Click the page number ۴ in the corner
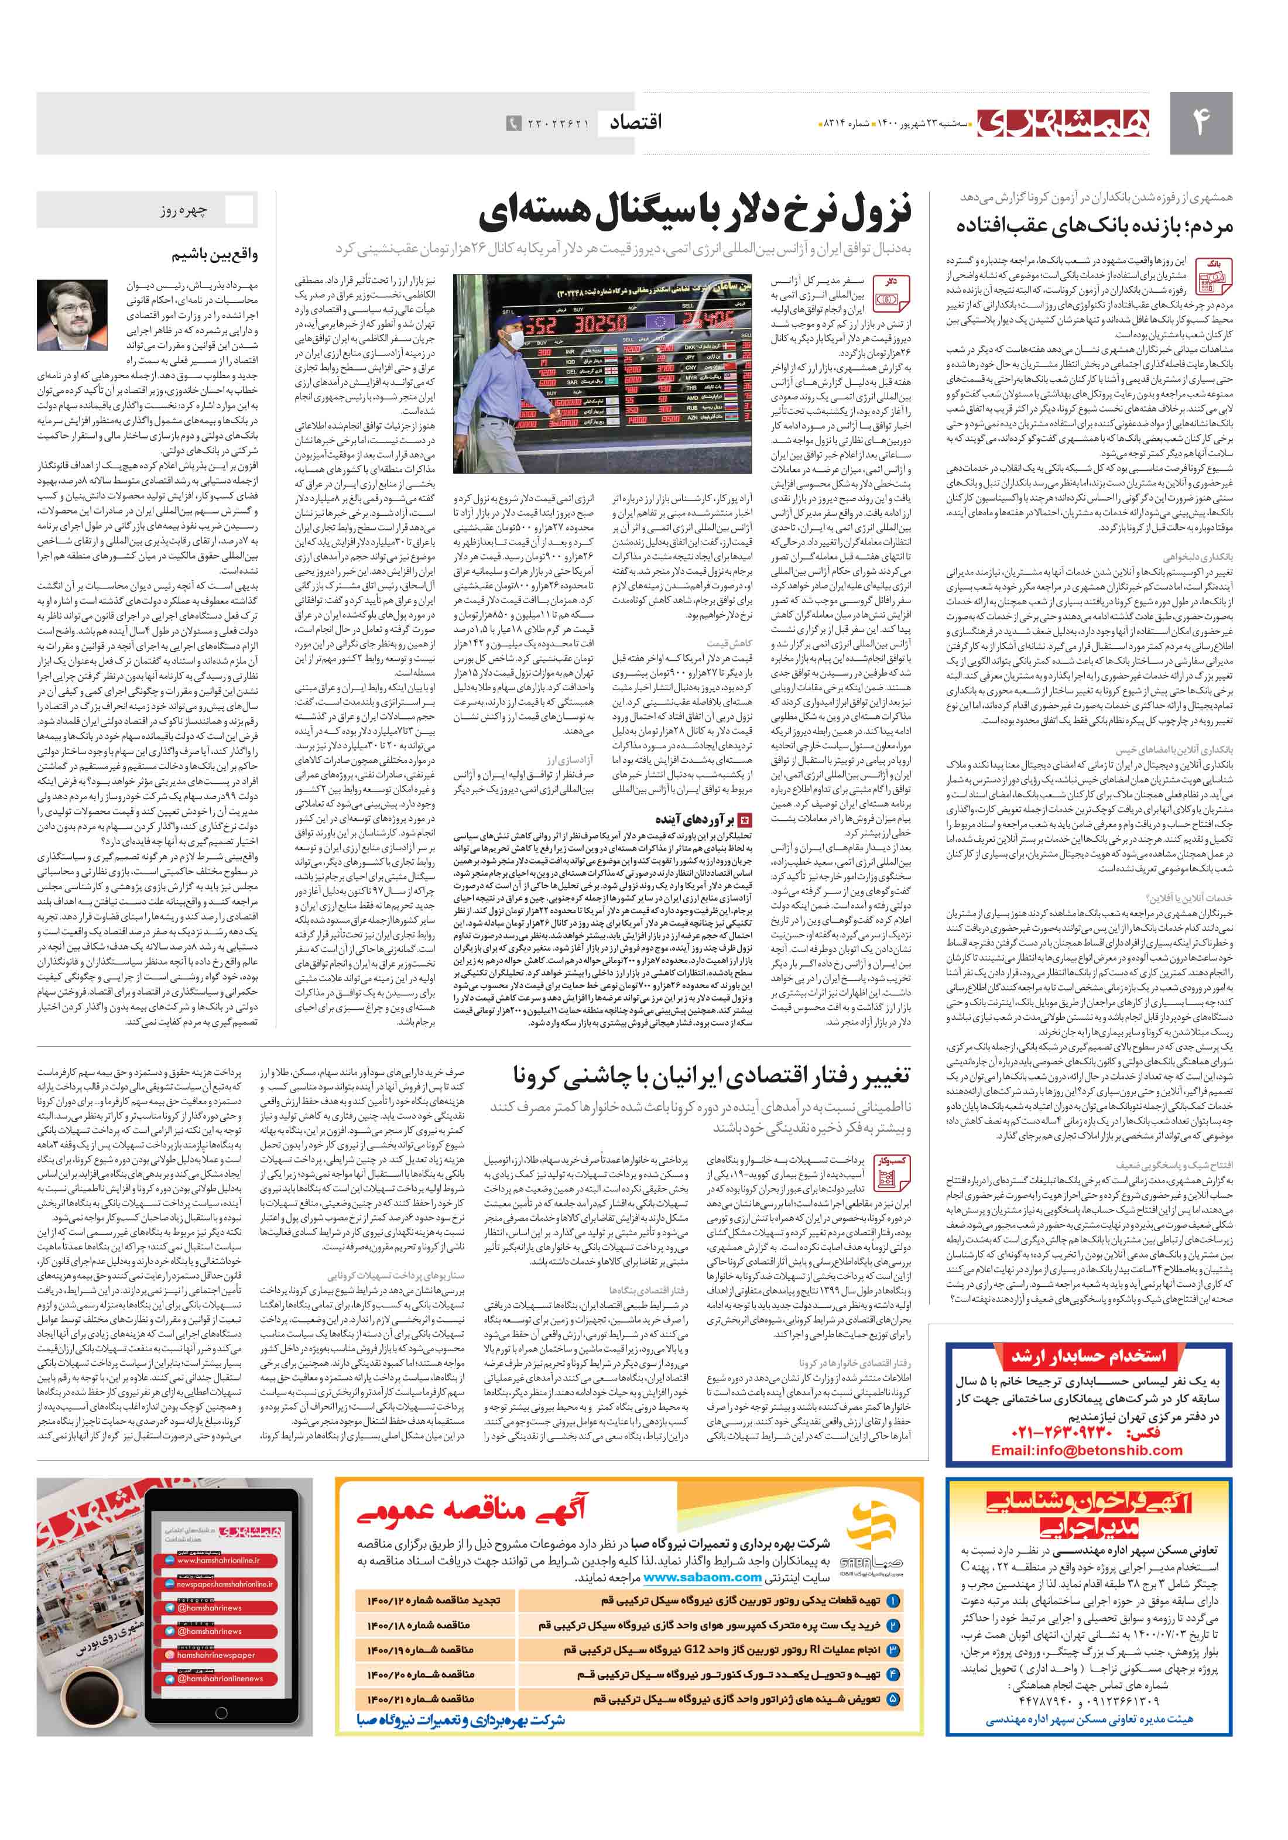pyautogui.click(x=1200, y=122)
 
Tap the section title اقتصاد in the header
pyautogui.click(x=636, y=122)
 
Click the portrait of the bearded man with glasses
pyautogui.click(x=72, y=314)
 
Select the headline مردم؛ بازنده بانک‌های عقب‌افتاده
pyautogui.click(x=1094, y=226)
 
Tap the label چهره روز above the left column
pyautogui.click(x=184, y=211)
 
